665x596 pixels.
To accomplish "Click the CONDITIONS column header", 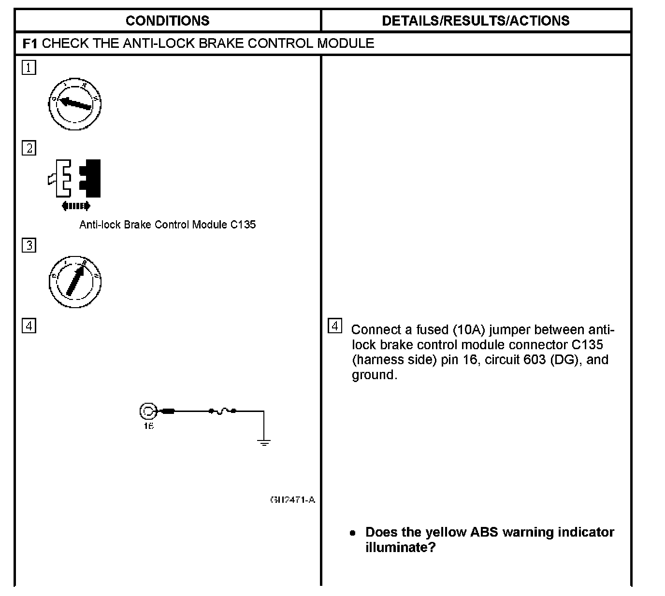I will pyautogui.click(x=167, y=21).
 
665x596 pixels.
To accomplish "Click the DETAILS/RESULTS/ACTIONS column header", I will pyautogui.click(x=476, y=21).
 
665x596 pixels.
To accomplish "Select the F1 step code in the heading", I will pyautogui.click(x=29, y=43).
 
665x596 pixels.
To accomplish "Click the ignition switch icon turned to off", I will pyautogui.click(x=75, y=104).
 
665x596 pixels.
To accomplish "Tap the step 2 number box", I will pyautogui.click(x=29, y=148).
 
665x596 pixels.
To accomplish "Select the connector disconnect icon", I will pyautogui.click(x=75, y=178).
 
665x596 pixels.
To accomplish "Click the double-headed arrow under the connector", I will pyautogui.click(x=76, y=206).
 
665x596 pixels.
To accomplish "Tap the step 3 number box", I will pyautogui.click(x=29, y=245).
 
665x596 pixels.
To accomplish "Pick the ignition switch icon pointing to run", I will pyautogui.click(x=75, y=282).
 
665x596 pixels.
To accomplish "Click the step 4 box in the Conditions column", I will pyautogui.click(x=29, y=326).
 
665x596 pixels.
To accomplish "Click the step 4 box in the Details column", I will pyautogui.click(x=335, y=326).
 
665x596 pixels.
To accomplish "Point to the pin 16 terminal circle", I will pyautogui.click(x=147, y=412).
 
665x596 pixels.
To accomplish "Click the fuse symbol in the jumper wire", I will pyautogui.click(x=222, y=412).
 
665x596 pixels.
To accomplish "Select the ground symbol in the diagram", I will pyautogui.click(x=264, y=442).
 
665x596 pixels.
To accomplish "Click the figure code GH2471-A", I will pyautogui.click(x=292, y=500).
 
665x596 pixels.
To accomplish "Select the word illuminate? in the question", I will pyautogui.click(x=401, y=548).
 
